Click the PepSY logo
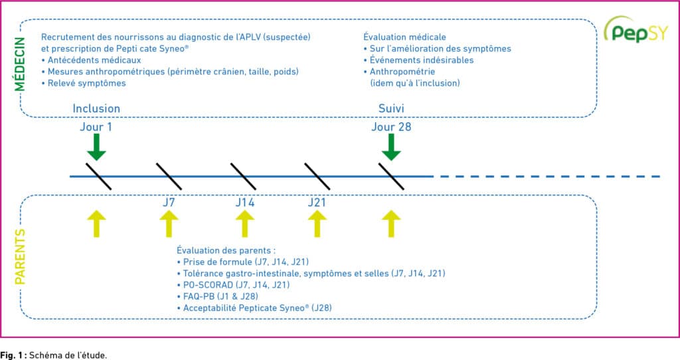pos(636,29)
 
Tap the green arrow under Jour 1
pos(96,147)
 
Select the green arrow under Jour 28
pos(391,147)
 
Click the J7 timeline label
pos(169,203)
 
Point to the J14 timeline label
pos(245,203)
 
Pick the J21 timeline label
pos(317,203)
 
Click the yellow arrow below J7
pos(169,224)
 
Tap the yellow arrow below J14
pos(245,224)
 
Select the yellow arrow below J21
pos(317,224)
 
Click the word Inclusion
pos(96,108)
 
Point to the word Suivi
pos(391,108)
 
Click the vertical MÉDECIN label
pos(19,64)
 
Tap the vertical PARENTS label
pos(19,257)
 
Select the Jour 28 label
pos(391,127)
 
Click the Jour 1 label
pos(96,127)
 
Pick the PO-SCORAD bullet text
pos(233,285)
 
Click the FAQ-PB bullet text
pos(218,296)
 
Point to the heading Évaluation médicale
pos(404,37)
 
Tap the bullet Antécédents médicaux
pos(91,60)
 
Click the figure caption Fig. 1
pos(53,355)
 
